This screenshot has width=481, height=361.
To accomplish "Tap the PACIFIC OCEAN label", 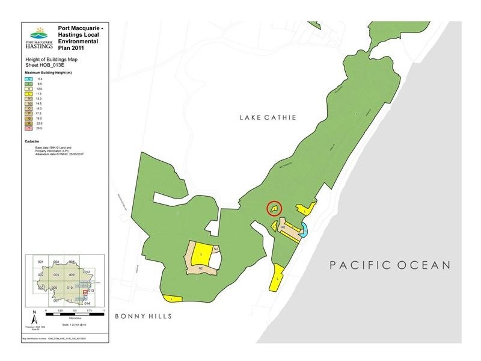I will (x=390, y=265).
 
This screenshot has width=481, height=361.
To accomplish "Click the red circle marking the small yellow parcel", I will (x=274, y=208).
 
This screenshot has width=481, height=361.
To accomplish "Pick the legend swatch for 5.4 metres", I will (x=28, y=79).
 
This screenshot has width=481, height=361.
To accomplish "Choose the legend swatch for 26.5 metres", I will (x=28, y=128).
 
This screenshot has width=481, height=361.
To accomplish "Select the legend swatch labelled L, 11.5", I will (x=28, y=94).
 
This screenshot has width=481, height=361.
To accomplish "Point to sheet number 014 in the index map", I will (x=87, y=303).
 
